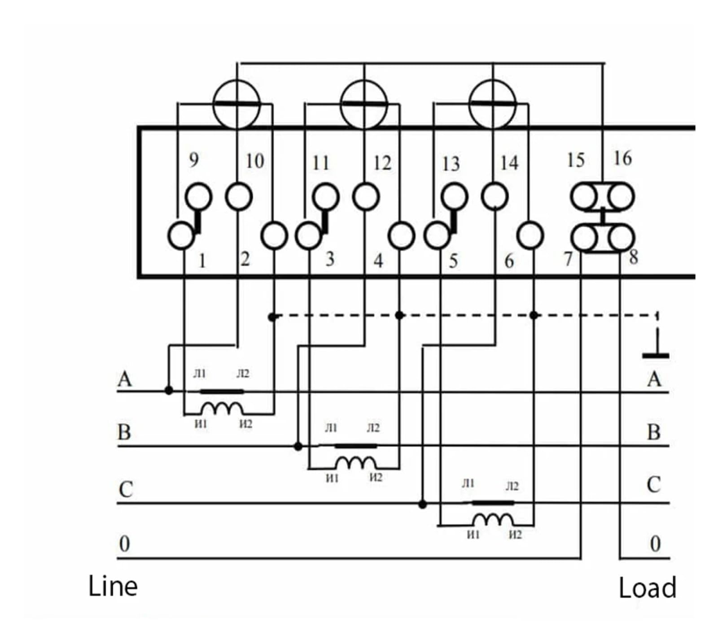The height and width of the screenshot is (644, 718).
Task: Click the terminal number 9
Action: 193,160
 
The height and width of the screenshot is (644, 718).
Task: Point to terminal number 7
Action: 568,259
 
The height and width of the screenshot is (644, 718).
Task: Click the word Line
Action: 113,586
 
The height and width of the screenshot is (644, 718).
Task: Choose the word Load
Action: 648,588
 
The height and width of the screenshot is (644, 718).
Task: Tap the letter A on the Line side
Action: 125,379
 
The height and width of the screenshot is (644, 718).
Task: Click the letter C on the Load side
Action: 654,485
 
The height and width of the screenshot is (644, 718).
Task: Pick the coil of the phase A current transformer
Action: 222,409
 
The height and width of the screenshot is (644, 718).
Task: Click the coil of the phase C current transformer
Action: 493,520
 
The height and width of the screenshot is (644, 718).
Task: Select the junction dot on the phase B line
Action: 298,446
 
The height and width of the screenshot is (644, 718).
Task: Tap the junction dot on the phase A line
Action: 169,390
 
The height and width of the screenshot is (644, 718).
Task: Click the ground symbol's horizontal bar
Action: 656,356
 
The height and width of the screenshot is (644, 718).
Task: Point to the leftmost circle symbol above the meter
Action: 236,104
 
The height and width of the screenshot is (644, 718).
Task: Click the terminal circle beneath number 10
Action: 239,196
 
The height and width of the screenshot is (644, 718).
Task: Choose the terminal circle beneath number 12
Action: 366,196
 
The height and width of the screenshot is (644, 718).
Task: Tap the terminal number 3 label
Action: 330,259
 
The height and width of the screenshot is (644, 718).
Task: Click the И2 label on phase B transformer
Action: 376,478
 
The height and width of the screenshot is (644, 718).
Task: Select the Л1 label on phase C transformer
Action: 468,483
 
